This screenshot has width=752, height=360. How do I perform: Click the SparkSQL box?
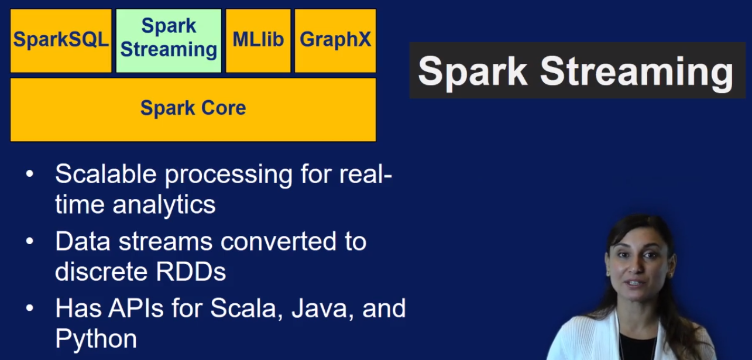coord(61,40)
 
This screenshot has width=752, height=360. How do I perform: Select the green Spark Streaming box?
coord(169,40)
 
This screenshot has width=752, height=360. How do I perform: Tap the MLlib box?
coord(258,40)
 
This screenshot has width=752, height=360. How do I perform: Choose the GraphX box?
coord(335,40)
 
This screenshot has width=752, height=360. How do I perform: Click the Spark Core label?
coord(193,108)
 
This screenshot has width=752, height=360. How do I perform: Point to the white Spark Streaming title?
coord(575,72)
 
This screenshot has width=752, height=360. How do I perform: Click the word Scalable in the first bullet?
coord(106,174)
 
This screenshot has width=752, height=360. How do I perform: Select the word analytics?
coord(164,204)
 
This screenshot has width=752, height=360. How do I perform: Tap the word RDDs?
coord(191,272)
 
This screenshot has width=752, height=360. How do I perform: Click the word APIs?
coord(136,308)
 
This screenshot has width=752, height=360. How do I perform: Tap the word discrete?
coord(102,272)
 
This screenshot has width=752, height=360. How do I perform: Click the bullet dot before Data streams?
coord(29,241)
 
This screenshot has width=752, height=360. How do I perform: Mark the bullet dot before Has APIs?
coord(29,308)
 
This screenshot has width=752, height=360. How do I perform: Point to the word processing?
coord(228,174)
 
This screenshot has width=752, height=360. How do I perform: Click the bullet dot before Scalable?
coord(29,174)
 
